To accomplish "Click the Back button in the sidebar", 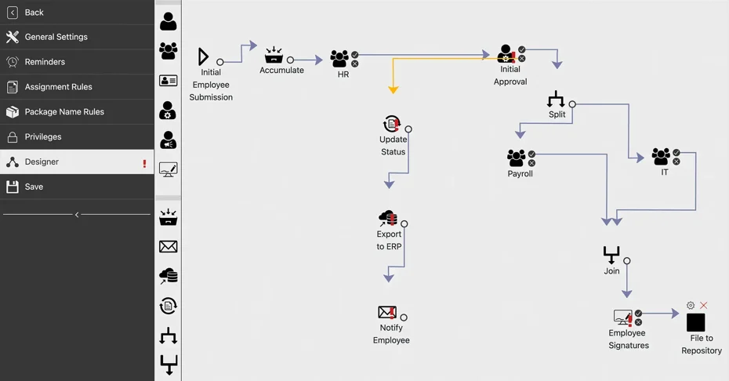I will tap(34, 13).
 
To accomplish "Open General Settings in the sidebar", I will tap(56, 37).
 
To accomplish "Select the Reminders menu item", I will tap(45, 62).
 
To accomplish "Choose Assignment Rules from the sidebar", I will tap(58, 87).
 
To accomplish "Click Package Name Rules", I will tap(64, 112).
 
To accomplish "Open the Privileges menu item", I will tap(43, 137).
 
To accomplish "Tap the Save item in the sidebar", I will tap(34, 187).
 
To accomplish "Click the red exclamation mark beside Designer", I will tap(144, 163).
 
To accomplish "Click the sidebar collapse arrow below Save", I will tap(77, 214).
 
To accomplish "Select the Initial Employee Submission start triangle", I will tap(203, 56).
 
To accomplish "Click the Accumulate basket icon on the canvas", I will tap(274, 55).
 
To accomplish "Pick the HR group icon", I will tap(339, 59).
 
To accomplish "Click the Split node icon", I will tap(556, 99).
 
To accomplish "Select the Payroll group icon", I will tap(516, 158).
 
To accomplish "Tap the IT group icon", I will tap(661, 157).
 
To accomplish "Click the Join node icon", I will tap(611, 255).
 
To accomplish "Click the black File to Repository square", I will tap(695, 322).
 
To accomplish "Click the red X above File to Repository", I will tap(704, 306).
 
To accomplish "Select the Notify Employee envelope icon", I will tap(387, 312).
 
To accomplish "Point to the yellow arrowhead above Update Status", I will tap(394, 90).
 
